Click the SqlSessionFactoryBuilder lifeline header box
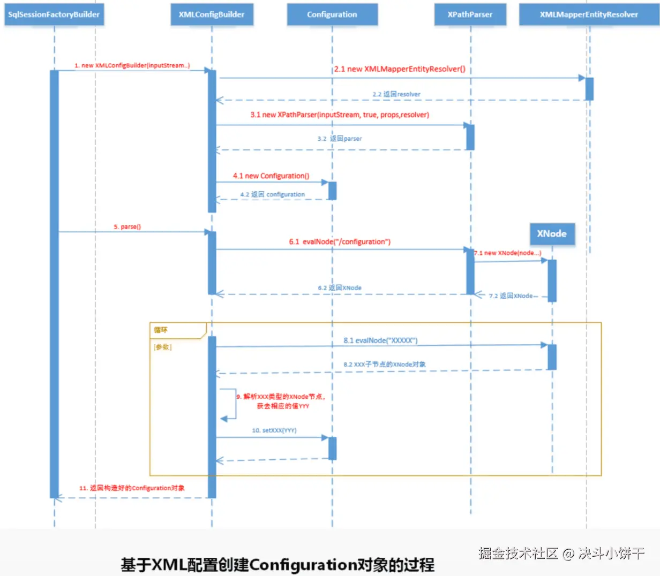tap(54, 14)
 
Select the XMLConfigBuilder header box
tap(212, 14)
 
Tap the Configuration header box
tap(332, 14)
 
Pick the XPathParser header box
tap(470, 14)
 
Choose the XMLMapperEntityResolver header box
tap(589, 14)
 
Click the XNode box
tap(552, 234)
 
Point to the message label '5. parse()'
tap(127, 227)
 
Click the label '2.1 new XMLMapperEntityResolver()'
tap(400, 69)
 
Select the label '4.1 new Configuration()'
tap(271, 176)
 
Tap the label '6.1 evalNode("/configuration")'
tap(340, 242)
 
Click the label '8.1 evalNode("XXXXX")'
tap(380, 340)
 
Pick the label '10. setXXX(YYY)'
tap(274, 430)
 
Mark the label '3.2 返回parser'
tap(340, 139)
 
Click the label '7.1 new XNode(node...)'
tap(507, 253)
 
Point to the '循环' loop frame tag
tap(161, 330)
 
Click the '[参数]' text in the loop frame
tap(163, 347)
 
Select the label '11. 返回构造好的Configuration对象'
tap(132, 488)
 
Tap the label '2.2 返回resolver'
tap(396, 94)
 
